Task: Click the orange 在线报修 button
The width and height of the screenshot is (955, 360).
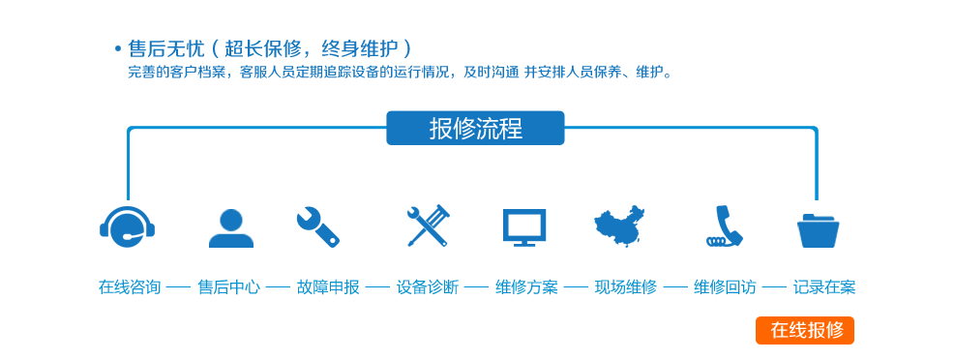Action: [x=805, y=330]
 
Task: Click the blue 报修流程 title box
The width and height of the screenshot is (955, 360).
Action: [x=475, y=128]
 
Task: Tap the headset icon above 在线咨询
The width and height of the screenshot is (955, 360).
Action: [x=128, y=225]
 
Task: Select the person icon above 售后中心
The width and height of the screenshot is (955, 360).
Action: [x=231, y=228]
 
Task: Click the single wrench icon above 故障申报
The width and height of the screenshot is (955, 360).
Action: [x=318, y=226]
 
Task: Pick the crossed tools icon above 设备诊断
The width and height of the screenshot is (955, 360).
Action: [x=428, y=226]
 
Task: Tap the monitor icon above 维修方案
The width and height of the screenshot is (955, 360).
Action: [x=523, y=227]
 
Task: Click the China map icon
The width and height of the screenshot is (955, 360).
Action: [x=619, y=225]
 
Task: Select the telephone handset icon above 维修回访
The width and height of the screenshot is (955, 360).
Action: [x=724, y=226]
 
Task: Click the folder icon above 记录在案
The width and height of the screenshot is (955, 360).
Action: [x=818, y=230]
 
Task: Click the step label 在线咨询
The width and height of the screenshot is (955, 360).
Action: [x=130, y=286]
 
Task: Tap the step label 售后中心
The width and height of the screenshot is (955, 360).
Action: [x=229, y=286]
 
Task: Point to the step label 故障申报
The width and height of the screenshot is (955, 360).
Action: [x=328, y=286]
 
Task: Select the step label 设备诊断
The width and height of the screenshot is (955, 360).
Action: [x=428, y=286]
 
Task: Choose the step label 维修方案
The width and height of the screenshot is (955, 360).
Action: [x=526, y=286]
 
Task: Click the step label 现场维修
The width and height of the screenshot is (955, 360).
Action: [x=626, y=286]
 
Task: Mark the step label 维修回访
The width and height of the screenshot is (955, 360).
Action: [x=725, y=286]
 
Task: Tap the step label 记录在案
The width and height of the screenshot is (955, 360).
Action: [x=824, y=286]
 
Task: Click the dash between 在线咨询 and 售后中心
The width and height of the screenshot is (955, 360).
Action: [x=179, y=287]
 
